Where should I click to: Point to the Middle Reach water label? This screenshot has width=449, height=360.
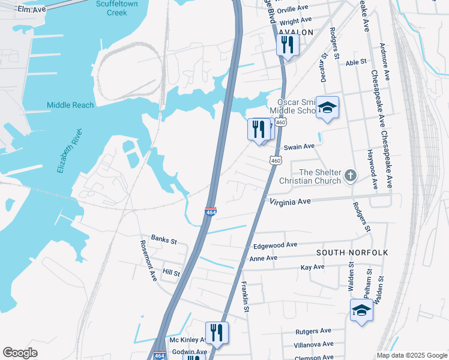click(70, 105)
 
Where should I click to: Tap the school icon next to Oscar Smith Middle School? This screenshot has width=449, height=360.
click(327, 108)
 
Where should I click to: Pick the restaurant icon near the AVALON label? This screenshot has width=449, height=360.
click(288, 44)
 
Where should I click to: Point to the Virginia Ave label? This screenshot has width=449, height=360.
click(290, 202)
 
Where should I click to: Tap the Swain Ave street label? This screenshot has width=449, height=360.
click(299, 146)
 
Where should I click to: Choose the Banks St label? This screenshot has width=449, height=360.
click(164, 241)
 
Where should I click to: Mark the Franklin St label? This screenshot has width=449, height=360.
click(245, 297)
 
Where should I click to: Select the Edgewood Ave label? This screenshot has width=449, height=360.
click(276, 245)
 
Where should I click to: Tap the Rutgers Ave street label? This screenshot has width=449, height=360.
click(313, 331)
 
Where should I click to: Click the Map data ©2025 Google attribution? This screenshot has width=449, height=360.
click(411, 355)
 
